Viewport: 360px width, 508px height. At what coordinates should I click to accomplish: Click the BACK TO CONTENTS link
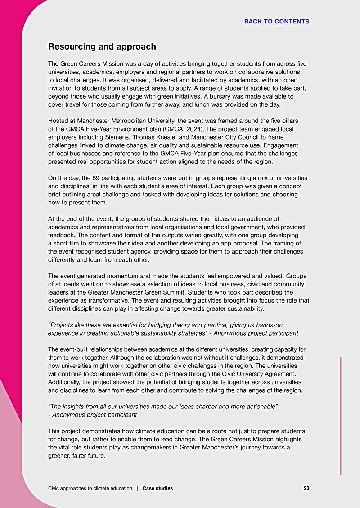coord(277,22)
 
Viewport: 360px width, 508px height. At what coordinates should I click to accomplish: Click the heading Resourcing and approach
coord(102,47)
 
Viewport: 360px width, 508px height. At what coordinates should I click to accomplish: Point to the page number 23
coord(306,488)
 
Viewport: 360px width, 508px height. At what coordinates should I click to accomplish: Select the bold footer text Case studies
coord(157,488)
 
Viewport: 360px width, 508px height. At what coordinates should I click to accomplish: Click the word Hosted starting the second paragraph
coord(59,121)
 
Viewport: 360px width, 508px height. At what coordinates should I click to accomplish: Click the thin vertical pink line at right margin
coord(341,414)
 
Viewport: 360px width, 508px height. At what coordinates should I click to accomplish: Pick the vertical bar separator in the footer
coord(137,488)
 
